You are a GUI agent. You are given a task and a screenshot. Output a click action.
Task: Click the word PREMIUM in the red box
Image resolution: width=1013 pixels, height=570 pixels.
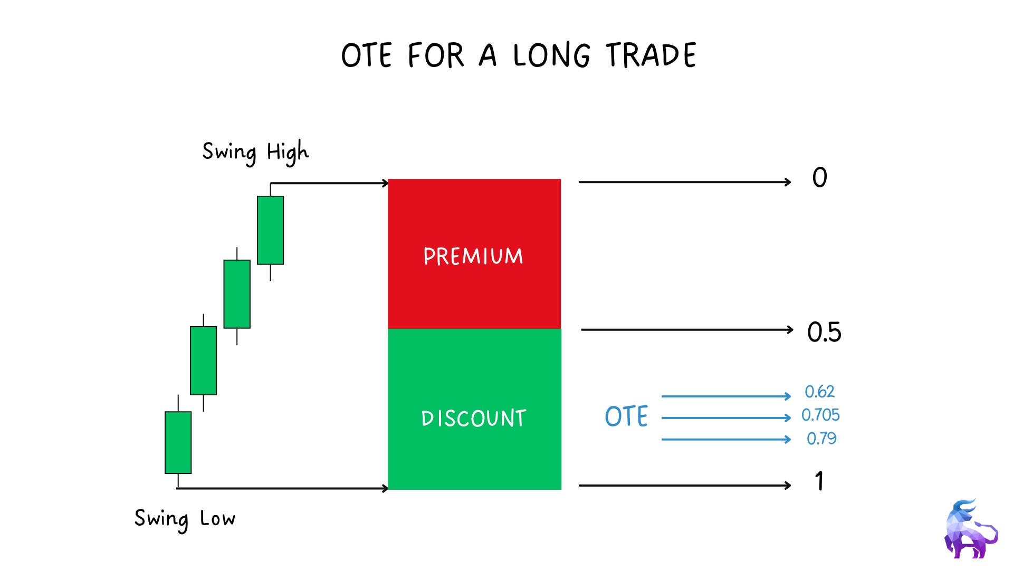pyautogui.click(x=473, y=256)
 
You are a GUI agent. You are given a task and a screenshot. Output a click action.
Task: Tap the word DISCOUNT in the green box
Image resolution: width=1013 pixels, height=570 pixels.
pyautogui.click(x=474, y=418)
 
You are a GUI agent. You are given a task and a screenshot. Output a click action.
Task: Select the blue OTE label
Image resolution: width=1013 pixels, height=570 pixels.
pyautogui.click(x=626, y=416)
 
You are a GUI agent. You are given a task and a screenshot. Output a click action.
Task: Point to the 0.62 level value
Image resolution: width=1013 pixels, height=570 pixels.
pyautogui.click(x=819, y=392)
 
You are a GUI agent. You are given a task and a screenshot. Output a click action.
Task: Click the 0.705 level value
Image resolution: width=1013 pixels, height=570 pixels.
pyautogui.click(x=820, y=415)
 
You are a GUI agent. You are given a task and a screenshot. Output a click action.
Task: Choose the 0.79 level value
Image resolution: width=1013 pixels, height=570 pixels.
pyautogui.click(x=821, y=438)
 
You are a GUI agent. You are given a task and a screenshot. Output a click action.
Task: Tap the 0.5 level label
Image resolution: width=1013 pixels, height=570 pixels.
pyautogui.click(x=824, y=332)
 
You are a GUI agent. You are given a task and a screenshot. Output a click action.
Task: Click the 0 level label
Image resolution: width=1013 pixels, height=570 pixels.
pyautogui.click(x=820, y=177)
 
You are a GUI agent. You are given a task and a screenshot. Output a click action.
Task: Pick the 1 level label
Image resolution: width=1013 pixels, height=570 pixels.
pyautogui.click(x=819, y=481)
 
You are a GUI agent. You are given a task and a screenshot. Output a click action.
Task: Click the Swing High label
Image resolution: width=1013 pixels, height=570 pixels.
pyautogui.click(x=255, y=152)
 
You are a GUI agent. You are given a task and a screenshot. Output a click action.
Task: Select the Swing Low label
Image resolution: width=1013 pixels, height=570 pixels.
pyautogui.click(x=185, y=518)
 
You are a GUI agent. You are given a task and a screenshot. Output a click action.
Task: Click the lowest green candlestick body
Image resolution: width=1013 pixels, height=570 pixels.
pyautogui.click(x=178, y=442)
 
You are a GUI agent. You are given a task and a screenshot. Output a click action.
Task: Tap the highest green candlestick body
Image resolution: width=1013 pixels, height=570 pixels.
pyautogui.click(x=270, y=230)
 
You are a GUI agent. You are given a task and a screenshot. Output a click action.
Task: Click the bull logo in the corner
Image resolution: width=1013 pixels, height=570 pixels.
pyautogui.click(x=971, y=529)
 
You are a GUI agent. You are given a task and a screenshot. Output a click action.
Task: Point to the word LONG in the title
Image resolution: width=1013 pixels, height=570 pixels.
pyautogui.click(x=551, y=55)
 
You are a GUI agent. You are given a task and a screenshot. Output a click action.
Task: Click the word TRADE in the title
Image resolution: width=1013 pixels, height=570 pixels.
pyautogui.click(x=651, y=55)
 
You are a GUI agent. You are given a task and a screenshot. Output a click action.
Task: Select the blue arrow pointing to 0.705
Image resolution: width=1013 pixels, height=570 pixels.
pyautogui.click(x=726, y=417)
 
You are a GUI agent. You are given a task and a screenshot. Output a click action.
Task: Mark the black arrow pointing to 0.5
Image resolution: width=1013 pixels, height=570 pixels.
pyautogui.click(x=687, y=330)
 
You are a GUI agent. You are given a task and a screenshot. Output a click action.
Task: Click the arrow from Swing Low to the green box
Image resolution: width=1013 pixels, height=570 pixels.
pyautogui.click(x=282, y=488)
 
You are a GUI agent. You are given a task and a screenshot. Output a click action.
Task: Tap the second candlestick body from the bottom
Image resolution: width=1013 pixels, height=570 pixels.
pyautogui.click(x=203, y=360)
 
